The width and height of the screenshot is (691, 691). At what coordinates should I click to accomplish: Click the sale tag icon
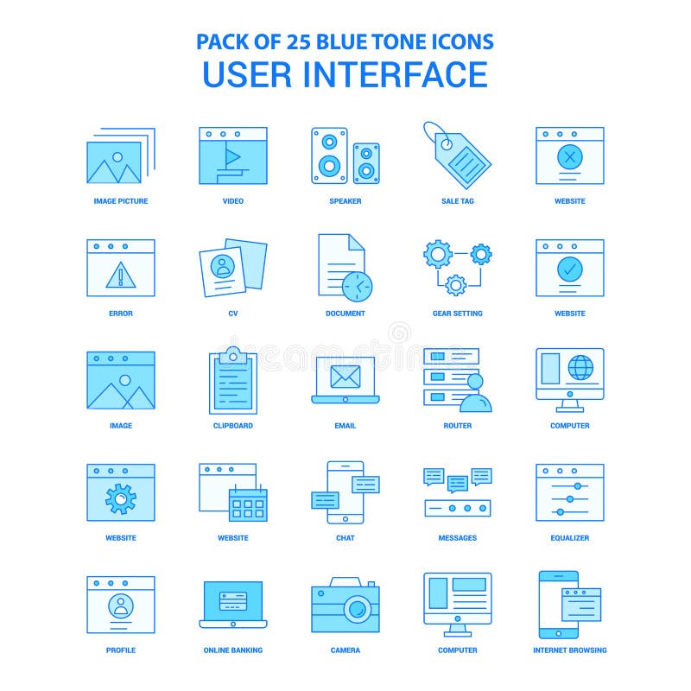click(458, 155)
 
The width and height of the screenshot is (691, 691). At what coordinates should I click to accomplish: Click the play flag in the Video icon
click(231, 158)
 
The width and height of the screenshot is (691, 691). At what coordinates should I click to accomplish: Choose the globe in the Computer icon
click(580, 368)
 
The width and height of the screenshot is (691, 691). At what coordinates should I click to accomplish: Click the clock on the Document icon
click(357, 285)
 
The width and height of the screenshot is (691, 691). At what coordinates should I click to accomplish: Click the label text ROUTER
click(458, 426)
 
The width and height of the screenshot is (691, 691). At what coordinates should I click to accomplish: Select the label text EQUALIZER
click(570, 538)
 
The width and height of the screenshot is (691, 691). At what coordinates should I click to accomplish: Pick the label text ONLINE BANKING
click(233, 650)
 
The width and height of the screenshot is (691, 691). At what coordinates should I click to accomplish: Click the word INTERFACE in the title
click(395, 74)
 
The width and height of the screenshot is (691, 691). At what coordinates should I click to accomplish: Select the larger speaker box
click(329, 155)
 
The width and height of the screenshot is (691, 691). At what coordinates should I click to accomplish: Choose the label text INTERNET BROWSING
click(570, 650)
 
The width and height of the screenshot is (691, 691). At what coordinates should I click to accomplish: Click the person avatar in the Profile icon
click(121, 605)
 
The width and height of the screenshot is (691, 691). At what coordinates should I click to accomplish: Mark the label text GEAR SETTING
click(458, 314)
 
